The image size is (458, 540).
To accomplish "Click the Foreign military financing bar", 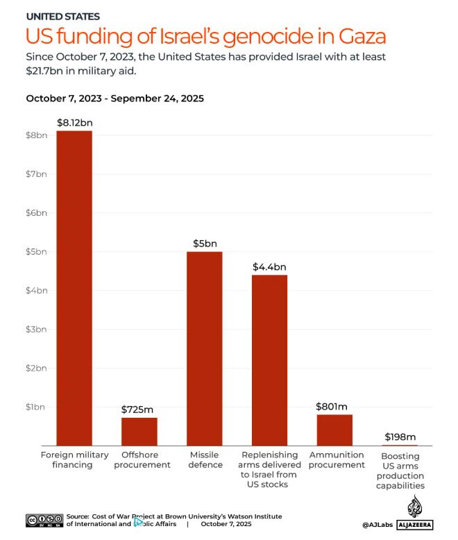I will pos(74,287).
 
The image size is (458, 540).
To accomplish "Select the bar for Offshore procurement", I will pos(139,431).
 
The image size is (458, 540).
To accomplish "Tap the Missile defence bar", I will pos(205,348).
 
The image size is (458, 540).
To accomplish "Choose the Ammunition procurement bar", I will pos(334,430).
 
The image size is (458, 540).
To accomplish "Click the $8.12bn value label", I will pos(74,123).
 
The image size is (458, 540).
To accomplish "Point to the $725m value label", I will pos(139,410).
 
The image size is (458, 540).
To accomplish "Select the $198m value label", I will pos(400,437).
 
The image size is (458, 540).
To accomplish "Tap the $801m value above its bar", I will pos(334,406).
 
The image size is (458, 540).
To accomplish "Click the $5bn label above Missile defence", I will pos(205,244).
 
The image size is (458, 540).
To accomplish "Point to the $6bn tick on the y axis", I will pos(35,212).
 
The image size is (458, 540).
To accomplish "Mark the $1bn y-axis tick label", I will pos(35,407).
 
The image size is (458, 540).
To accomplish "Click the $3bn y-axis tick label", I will pos(35,329).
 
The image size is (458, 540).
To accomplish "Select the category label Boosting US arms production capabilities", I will pos(400,471).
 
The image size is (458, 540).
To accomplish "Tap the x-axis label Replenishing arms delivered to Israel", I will pos(269,469).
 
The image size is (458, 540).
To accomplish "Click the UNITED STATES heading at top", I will pos(62,16).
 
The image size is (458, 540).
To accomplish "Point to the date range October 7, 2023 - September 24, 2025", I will pos(114,99).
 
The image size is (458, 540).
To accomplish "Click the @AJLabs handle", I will pos(378,525).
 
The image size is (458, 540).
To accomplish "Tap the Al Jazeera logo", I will pos(415,514).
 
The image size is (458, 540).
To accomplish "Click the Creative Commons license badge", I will pos(44,520).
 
